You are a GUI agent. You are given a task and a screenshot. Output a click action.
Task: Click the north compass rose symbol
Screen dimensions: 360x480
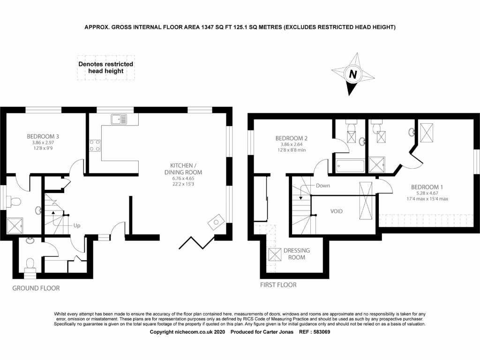[353, 74]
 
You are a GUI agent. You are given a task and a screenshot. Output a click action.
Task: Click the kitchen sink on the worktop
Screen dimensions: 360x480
[119, 119]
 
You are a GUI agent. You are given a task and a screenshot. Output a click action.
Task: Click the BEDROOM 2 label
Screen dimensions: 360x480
[291, 138]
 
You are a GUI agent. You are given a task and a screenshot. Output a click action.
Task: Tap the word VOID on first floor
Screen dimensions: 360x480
[336, 211]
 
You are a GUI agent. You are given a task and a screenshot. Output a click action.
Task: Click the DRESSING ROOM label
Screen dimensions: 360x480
[296, 254]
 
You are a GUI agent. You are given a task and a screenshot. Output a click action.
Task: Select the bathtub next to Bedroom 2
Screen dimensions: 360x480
[350, 166]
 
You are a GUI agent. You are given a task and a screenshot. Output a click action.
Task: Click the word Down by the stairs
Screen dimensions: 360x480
[322, 186]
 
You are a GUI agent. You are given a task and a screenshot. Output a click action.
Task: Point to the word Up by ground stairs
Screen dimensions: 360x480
[77, 225]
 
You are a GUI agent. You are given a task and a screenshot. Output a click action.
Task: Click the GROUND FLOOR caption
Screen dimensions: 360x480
[36, 288]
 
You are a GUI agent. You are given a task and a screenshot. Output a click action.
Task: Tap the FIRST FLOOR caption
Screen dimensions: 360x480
[278, 285]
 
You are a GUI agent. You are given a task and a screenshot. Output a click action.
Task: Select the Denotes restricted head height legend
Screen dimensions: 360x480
[106, 67]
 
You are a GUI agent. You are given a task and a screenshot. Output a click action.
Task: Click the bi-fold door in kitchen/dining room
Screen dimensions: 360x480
[196, 243]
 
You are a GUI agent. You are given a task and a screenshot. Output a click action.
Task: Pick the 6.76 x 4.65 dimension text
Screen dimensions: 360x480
[186, 178]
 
